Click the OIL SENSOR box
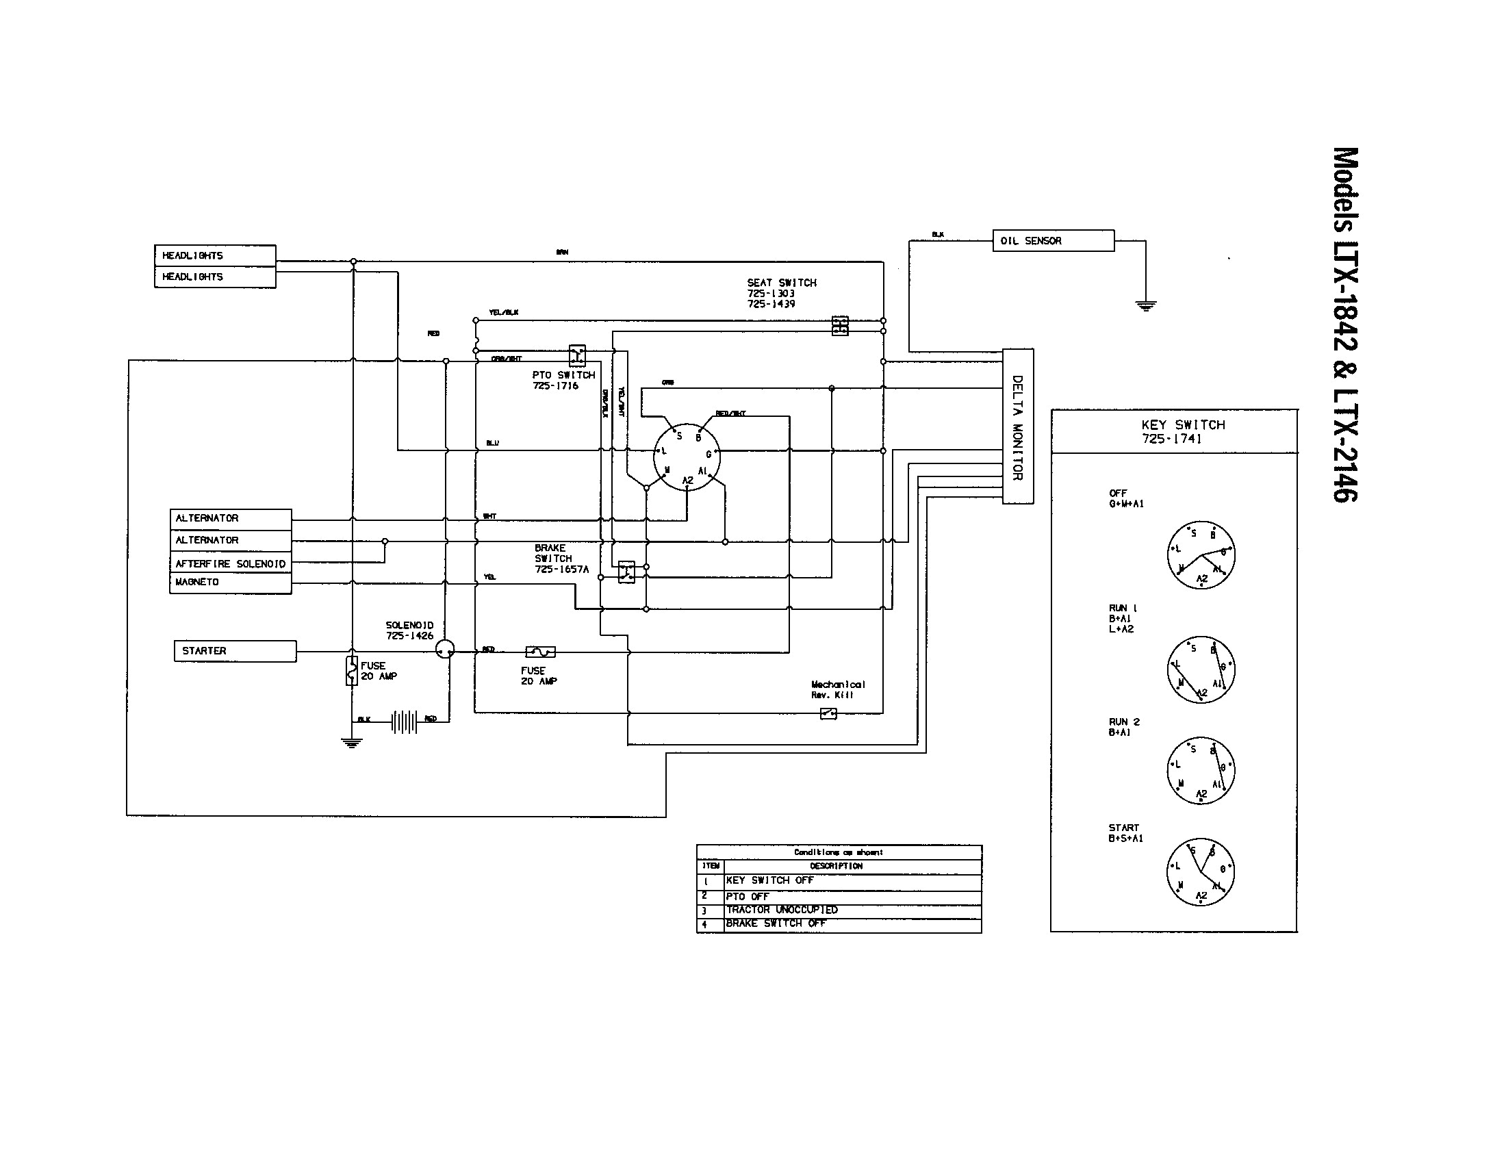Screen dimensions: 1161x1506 [x=1052, y=240]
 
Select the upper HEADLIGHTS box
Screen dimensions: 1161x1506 [x=214, y=255]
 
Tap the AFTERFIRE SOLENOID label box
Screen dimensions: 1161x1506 [x=230, y=563]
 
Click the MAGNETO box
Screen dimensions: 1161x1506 [x=230, y=583]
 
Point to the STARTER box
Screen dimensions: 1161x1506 [x=235, y=651]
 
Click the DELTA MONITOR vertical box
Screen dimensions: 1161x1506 [x=1017, y=426]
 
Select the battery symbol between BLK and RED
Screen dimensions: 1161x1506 [x=404, y=722]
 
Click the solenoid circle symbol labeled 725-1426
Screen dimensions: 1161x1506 [x=446, y=650]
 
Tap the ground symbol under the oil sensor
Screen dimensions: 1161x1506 [x=1145, y=305]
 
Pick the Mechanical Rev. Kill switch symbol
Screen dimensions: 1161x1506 [x=828, y=713]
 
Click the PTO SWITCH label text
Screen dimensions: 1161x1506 [x=563, y=380]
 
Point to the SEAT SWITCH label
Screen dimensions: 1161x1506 [x=781, y=293]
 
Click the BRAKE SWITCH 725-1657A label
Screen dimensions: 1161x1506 [x=561, y=559]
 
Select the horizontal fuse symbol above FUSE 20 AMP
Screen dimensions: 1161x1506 [x=540, y=652]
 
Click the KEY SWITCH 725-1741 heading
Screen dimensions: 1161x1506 [x=1184, y=431]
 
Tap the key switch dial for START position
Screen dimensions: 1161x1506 [x=1201, y=872]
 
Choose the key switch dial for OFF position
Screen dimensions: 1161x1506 [x=1201, y=555]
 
